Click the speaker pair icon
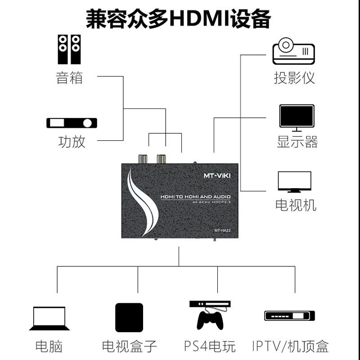pyautogui.click(x=69, y=49)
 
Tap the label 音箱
pyautogui.click(x=69, y=77)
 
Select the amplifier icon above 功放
pyautogui.click(x=72, y=123)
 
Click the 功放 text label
pyautogui.click(x=72, y=142)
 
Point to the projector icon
pyautogui.click(x=293, y=51)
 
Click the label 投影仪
pyautogui.click(x=294, y=77)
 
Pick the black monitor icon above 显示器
pyautogui.click(x=297, y=118)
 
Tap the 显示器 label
pyautogui.click(x=297, y=142)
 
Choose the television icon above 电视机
pyautogui.click(x=295, y=182)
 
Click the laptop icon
pyautogui.click(x=49, y=319)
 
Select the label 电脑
pyautogui.click(x=49, y=346)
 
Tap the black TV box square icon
pyautogui.click(x=129, y=317)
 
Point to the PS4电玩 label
pyautogui.click(x=210, y=346)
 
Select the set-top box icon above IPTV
pyautogui.click(x=289, y=316)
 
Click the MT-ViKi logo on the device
pyautogui.click(x=217, y=175)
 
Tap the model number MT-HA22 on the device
pyautogui.click(x=222, y=230)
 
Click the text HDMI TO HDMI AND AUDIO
pyautogui.click(x=195, y=197)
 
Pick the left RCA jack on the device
pyautogui.click(x=143, y=159)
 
